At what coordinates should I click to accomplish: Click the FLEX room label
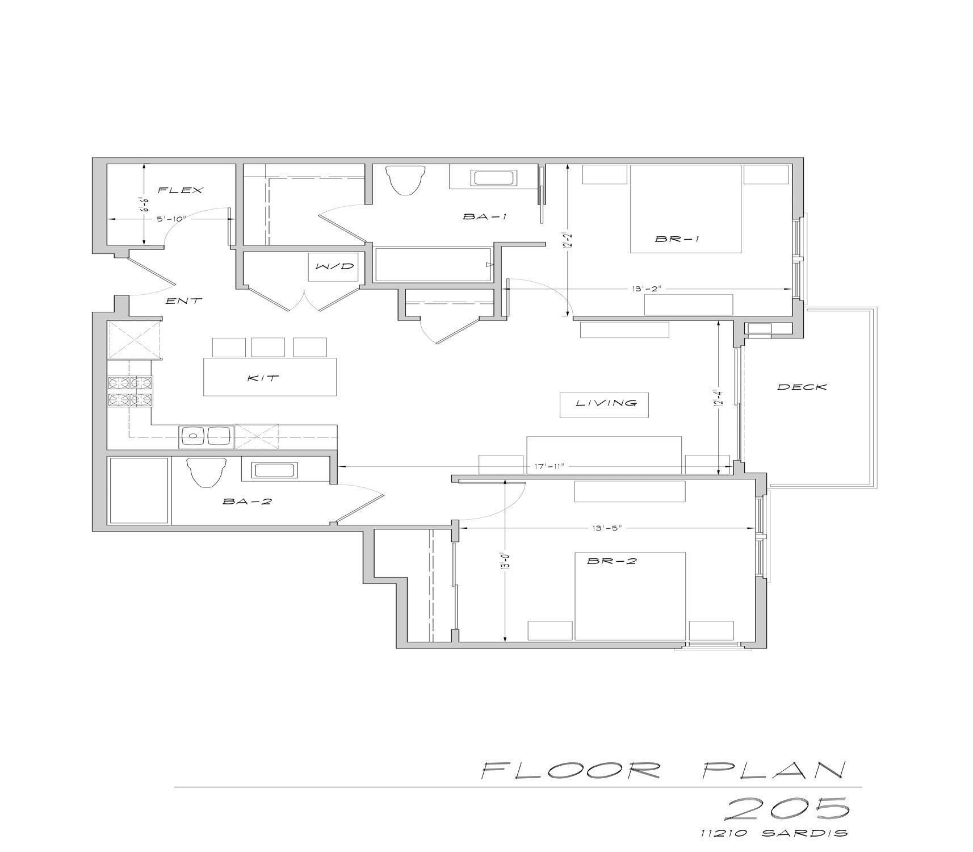click(180, 190)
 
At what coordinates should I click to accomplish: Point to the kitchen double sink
click(207, 436)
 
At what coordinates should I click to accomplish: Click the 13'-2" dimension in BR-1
click(645, 289)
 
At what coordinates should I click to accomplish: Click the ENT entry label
click(183, 301)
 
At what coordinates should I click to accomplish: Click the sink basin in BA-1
click(494, 178)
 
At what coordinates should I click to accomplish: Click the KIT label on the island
click(264, 378)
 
